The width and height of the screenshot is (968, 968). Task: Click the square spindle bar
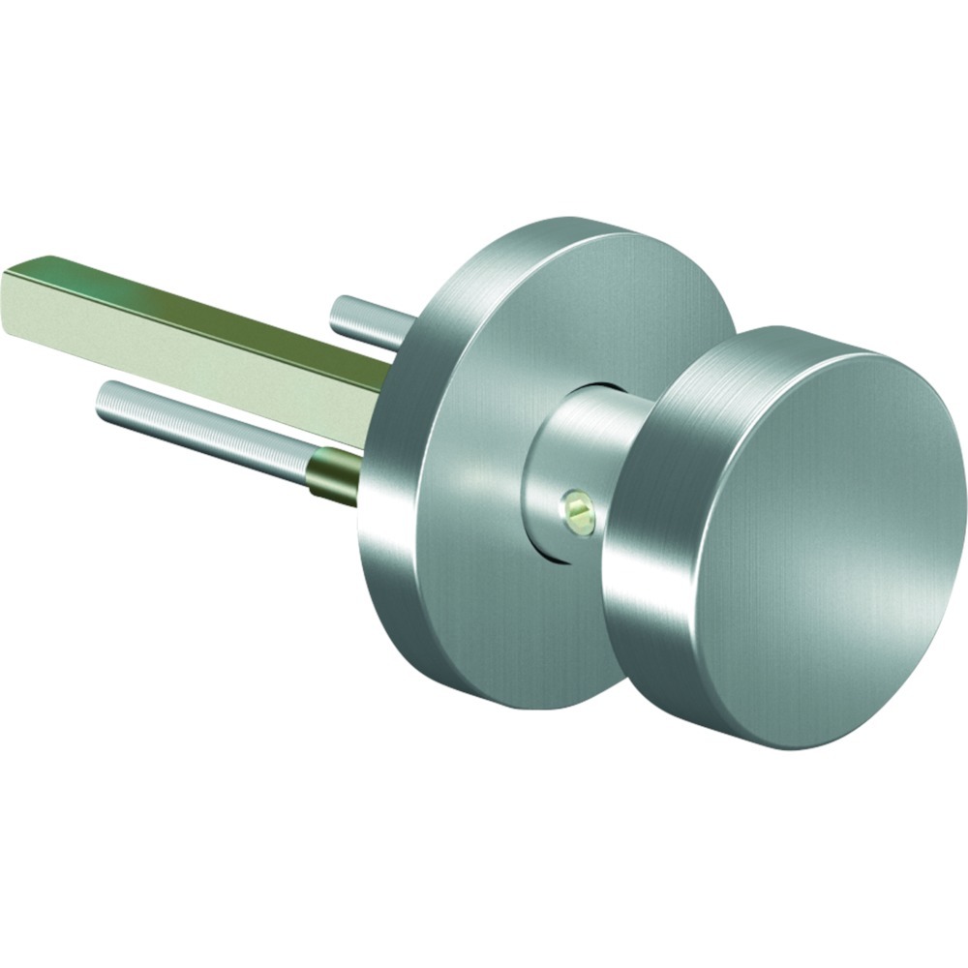[194, 329]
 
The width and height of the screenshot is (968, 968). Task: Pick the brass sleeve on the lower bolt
[334, 474]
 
